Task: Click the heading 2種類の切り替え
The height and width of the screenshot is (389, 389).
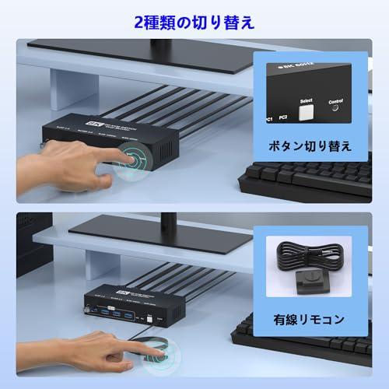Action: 194,23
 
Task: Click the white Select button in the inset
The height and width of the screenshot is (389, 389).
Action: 306,112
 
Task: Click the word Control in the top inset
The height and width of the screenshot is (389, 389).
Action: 337,101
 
